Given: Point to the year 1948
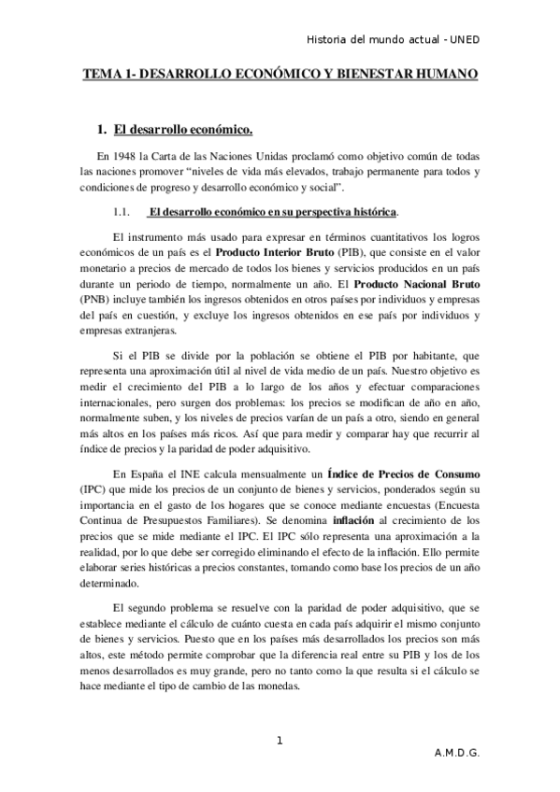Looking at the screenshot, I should (123, 155).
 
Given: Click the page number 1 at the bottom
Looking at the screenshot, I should (280, 742).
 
